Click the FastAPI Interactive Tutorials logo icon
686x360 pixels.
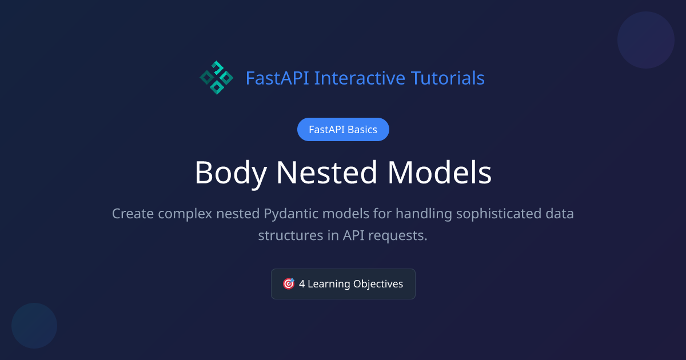click(x=217, y=78)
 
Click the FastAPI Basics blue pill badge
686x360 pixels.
click(x=343, y=130)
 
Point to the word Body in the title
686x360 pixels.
click(x=230, y=173)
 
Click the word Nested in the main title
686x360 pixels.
click(x=325, y=173)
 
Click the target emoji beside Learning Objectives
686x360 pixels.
click(x=289, y=284)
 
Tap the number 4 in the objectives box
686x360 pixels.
click(x=302, y=284)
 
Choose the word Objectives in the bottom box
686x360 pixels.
click(x=378, y=284)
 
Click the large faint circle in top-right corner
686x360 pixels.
click(x=646, y=40)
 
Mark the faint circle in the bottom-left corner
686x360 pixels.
click(x=34, y=326)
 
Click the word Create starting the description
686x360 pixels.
click(x=133, y=214)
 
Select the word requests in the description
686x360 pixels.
click(x=400, y=235)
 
